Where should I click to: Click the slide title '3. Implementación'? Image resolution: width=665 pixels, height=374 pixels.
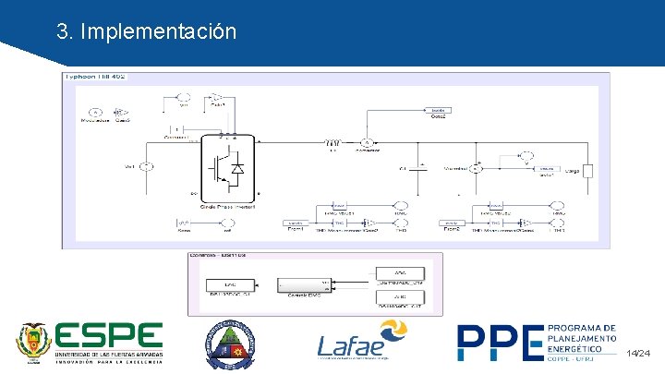[146, 31]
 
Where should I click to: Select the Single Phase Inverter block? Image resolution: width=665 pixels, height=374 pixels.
[228, 165]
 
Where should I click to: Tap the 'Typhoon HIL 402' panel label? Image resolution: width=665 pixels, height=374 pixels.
[95, 77]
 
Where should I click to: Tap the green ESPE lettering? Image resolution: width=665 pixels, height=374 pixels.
[109, 337]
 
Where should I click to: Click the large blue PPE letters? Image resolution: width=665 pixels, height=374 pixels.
[500, 343]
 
